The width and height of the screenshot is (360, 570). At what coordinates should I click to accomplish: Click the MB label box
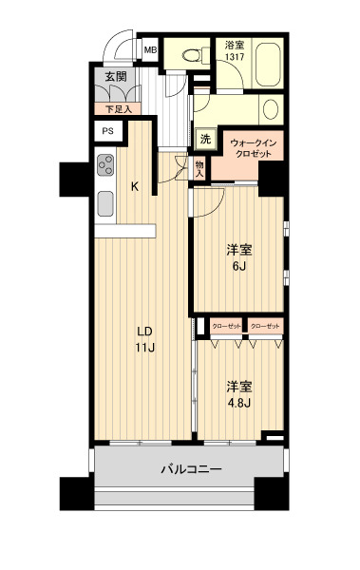150,50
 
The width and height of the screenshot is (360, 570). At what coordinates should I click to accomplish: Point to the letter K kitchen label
135,186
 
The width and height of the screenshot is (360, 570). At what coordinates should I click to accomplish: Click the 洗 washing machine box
205,139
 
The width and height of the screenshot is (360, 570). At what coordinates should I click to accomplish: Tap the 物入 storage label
200,169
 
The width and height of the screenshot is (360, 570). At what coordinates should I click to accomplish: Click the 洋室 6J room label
238,258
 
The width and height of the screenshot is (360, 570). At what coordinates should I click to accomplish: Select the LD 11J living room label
144,339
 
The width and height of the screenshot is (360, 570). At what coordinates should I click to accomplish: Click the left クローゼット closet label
225,326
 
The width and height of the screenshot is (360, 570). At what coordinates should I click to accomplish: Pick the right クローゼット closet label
265,326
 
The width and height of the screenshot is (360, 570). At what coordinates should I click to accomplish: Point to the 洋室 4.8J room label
238,394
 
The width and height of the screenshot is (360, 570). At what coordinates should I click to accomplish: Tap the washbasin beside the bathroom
271,107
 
